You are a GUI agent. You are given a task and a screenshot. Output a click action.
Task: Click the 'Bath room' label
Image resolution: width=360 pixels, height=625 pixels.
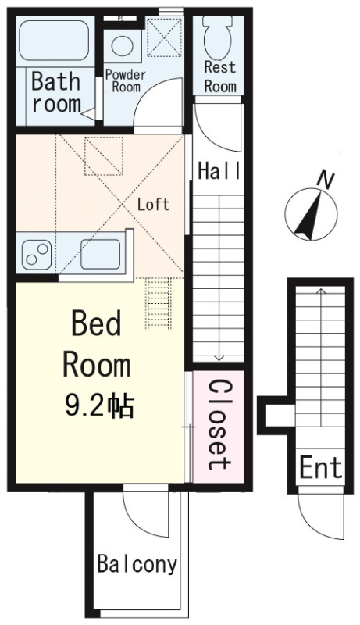coord(56,92)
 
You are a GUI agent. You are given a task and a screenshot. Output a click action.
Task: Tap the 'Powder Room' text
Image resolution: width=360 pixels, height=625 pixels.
coord(125,80)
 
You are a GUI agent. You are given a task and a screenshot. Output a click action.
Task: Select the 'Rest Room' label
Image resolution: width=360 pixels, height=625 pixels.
coord(219,77)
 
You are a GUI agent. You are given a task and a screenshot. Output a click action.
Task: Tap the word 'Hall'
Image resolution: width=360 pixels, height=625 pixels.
coord(219,171)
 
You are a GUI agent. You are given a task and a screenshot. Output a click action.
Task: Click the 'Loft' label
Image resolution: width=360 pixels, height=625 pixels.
coord(153,205)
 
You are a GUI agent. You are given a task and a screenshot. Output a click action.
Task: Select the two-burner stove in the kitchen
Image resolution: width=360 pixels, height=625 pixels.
coord(36,253)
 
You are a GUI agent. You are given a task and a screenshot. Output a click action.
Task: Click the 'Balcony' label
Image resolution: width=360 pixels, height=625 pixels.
coord(137,564)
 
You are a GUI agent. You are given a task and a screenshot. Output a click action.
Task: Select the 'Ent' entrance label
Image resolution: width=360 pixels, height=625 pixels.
coord(321,468)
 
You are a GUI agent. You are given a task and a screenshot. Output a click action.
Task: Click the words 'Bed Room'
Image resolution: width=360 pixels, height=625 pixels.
coord(97,344)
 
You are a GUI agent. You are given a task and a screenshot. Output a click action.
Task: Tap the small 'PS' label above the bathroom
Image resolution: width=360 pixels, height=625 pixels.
coord(120,17)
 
